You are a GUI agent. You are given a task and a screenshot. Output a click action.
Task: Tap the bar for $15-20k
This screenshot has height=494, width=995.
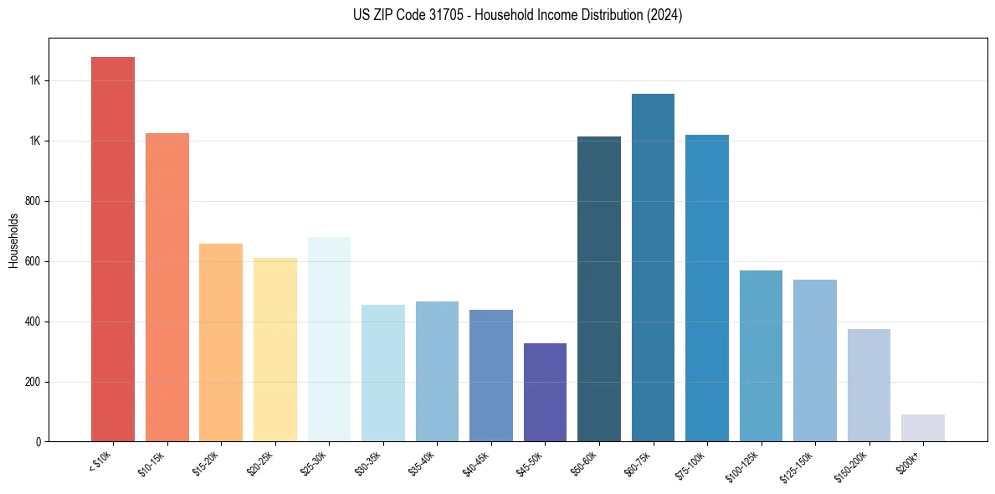click(221, 342)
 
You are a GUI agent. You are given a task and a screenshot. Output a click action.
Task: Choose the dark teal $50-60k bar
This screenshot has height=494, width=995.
click(599, 289)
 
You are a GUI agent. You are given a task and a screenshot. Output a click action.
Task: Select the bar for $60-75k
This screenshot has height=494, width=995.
click(653, 267)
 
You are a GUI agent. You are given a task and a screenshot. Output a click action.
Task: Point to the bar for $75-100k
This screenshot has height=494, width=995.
click(707, 288)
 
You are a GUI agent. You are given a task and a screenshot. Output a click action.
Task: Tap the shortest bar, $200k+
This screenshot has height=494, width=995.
click(923, 428)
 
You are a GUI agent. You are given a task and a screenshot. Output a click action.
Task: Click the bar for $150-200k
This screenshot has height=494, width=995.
click(869, 385)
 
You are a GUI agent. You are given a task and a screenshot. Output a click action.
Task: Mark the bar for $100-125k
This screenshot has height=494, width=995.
click(761, 356)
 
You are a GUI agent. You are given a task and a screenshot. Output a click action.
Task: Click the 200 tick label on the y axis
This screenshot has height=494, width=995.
click(34, 383)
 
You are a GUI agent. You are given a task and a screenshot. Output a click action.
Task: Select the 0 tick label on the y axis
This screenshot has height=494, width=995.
click(38, 442)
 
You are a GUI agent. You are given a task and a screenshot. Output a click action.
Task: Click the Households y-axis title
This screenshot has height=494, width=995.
click(14, 240)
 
